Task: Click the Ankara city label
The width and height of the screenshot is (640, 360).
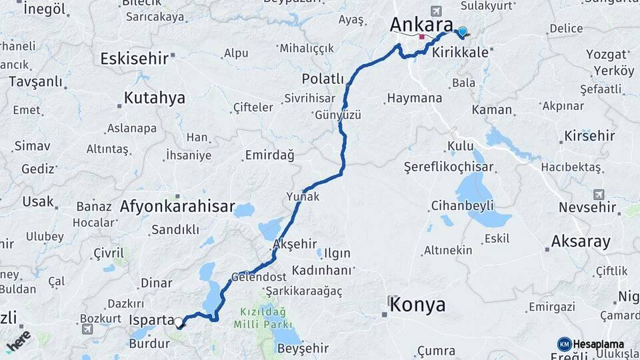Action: coord(421,25)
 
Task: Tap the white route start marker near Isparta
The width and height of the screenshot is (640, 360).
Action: coord(179,323)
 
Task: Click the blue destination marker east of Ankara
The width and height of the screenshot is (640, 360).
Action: coord(463,31)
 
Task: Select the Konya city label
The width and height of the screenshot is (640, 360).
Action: coord(417,305)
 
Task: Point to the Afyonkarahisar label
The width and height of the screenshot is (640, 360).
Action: coord(177,207)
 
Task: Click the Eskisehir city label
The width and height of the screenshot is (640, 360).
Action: coord(134,59)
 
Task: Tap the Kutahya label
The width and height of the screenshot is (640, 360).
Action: coord(154,99)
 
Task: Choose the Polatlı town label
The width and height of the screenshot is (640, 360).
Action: coord(323,79)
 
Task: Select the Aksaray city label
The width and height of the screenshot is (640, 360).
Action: coord(581,241)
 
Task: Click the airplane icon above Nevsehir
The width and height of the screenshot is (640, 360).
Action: coord(599,194)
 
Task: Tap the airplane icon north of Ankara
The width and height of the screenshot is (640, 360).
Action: coord(436,11)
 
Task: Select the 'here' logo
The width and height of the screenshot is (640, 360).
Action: coord(19,341)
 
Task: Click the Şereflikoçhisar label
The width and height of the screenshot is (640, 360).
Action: coord(449,167)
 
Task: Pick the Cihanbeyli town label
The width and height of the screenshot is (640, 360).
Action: coord(463,205)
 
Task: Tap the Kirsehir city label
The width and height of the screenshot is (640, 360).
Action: coord(589,136)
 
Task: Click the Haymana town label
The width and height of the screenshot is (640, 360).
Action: coord(414,98)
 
